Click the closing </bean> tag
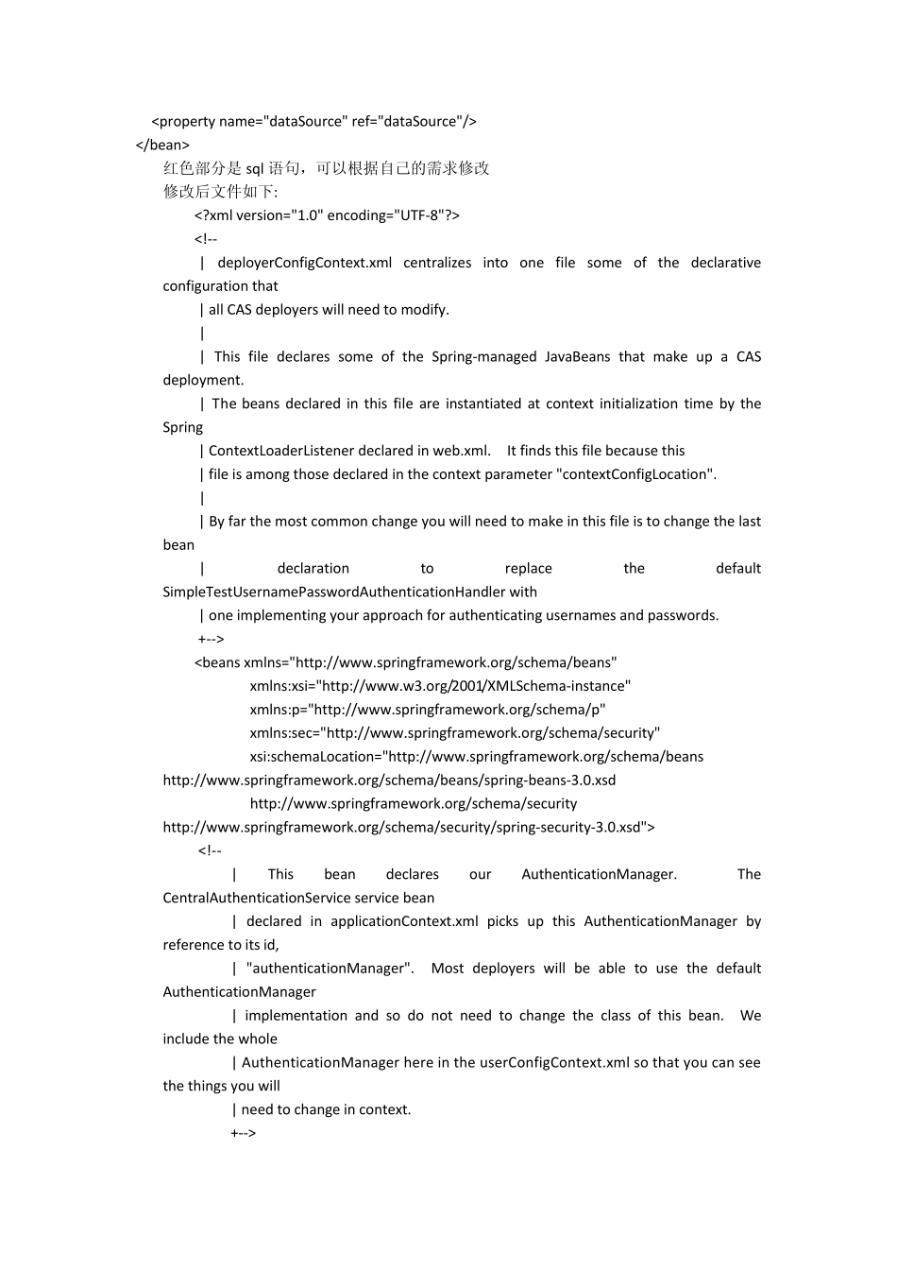[162, 145]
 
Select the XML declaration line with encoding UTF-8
[327, 215]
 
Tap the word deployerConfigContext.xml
[304, 263]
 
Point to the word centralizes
[437, 263]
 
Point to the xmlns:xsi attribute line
[440, 686]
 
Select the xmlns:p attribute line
[428, 710]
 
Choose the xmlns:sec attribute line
[454, 733]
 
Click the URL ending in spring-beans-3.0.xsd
[389, 781]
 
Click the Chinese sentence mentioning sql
[326, 168]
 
